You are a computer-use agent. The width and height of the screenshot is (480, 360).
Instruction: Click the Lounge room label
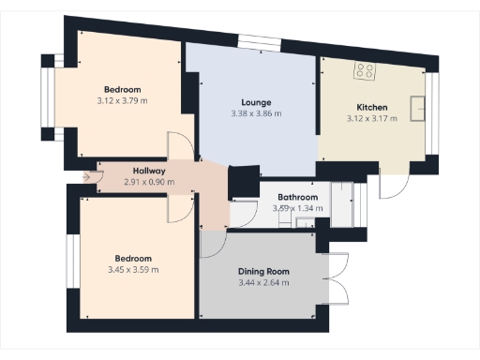click(255, 102)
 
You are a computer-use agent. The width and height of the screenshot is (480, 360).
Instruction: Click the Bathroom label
click(296, 198)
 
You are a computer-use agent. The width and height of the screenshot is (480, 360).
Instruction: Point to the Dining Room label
click(263, 272)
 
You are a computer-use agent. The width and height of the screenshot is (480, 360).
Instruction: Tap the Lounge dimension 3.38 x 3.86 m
click(255, 113)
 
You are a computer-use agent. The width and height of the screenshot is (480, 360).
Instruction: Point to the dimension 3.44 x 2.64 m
click(263, 283)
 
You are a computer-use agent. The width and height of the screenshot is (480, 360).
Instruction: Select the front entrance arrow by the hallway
click(88, 175)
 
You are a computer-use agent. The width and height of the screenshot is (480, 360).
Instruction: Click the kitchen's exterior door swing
click(393, 185)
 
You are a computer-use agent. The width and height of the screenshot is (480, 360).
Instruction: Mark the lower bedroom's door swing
click(179, 208)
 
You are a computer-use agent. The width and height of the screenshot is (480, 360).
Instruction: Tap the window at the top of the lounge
click(253, 40)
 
